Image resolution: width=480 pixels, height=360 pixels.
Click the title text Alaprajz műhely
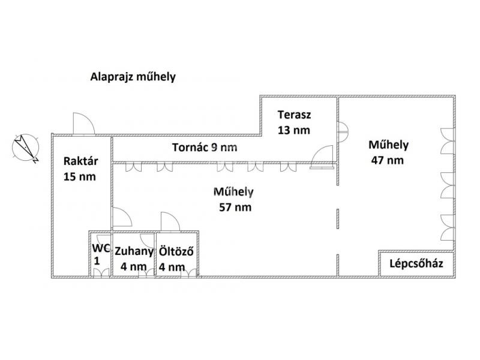point(133,77)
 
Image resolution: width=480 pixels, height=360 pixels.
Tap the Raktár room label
point(80,161)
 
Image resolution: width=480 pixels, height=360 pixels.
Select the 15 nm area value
point(80,176)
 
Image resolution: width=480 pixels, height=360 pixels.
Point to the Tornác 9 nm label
point(205,147)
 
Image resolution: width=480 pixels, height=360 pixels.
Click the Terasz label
point(294,115)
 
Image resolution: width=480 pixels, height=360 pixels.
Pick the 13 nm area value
point(294,130)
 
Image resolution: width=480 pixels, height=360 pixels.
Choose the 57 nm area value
point(235,207)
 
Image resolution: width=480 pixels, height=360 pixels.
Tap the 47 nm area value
point(387,160)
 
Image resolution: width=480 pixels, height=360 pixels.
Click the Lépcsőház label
point(416,263)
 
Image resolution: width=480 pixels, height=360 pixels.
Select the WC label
point(101,248)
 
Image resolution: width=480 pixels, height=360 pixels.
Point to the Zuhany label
point(134,251)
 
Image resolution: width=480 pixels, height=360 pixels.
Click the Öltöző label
point(176,251)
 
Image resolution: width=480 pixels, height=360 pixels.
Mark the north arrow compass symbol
point(26,148)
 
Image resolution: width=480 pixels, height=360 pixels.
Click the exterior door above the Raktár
point(84,124)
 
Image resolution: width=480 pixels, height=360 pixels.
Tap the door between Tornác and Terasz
point(322,157)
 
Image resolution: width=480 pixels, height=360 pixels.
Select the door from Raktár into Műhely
point(122,218)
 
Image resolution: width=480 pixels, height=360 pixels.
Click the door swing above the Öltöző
point(170,221)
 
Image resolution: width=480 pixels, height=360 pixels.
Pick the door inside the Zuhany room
point(147,241)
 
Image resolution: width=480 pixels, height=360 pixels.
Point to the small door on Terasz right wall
point(343,132)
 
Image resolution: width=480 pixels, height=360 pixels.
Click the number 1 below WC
point(97,261)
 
